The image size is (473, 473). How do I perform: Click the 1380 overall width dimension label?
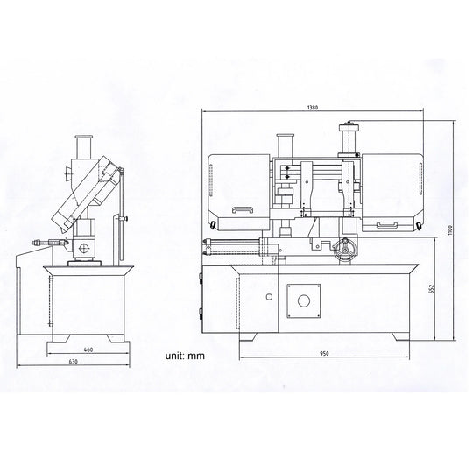pos(313,108)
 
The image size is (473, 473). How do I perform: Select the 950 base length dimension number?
pos(324,353)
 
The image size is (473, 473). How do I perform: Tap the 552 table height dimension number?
pos(431,288)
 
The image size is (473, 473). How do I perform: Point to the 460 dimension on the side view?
pos(88,349)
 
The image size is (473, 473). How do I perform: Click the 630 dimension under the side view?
pos(74,362)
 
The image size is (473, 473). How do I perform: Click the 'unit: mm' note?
pos(185,356)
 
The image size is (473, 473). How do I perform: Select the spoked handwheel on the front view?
pos(346,251)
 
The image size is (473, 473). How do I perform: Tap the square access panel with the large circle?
pos(303,300)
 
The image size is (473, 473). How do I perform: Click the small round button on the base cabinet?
pos(269,297)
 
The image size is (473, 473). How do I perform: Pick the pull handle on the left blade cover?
pos(242,210)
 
